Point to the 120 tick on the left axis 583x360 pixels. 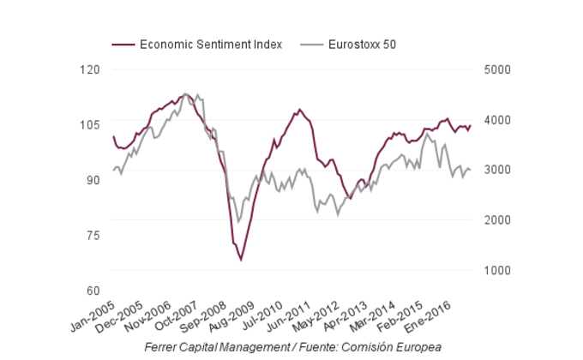pyautogui.click(x=89, y=69)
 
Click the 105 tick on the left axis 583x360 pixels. pyautogui.click(x=89, y=125)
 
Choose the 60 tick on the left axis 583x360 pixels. pyautogui.click(x=92, y=291)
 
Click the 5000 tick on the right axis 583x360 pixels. pyautogui.click(x=497, y=69)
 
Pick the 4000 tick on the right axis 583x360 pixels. pyautogui.click(x=497, y=120)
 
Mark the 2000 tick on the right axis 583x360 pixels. pyautogui.click(x=497, y=220)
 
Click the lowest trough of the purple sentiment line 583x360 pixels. pyautogui.click(x=241, y=260)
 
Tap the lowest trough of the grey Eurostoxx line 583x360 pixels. pyautogui.click(x=239, y=222)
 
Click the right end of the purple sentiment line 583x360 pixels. pyautogui.click(x=471, y=126)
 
